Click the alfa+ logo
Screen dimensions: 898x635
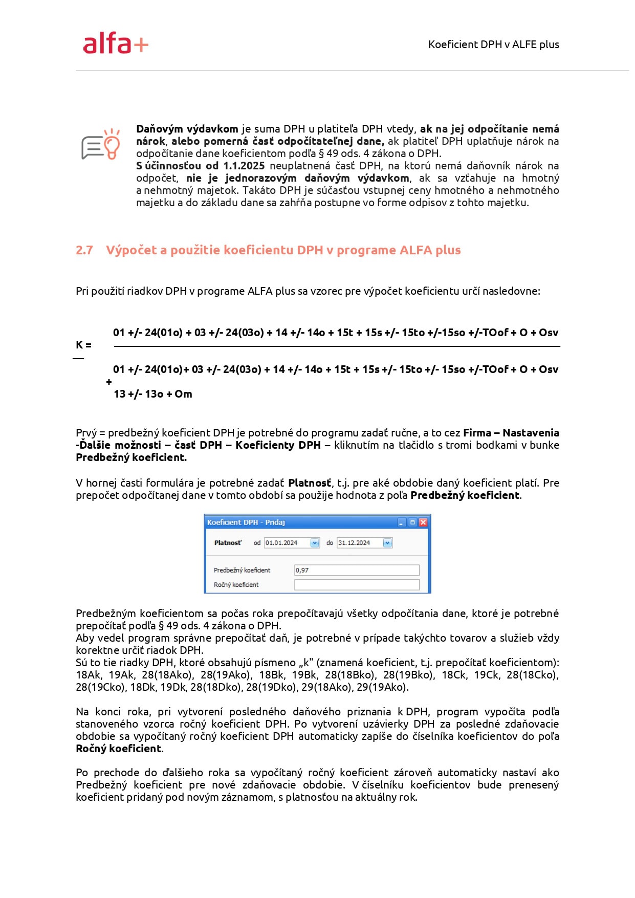tap(116, 43)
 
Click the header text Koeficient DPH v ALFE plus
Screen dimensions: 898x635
tap(493, 45)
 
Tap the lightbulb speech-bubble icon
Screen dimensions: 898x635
tap(101, 144)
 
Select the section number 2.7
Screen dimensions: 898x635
tap(84, 250)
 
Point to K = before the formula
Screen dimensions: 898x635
tap(83, 345)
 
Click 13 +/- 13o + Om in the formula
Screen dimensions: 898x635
tap(152, 394)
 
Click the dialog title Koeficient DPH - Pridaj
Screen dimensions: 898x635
tap(246, 522)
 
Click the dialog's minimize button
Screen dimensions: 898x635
tap(402, 522)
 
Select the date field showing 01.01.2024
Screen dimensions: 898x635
tap(287, 543)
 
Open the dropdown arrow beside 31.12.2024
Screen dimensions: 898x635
tap(387, 543)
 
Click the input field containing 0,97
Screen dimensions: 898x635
tap(356, 570)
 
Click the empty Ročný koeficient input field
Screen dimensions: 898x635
tap(356, 585)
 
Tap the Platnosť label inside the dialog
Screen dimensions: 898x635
tap(228, 543)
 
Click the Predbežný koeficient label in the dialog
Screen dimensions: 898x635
tap(242, 570)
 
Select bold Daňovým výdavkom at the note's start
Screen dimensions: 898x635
tap(187, 129)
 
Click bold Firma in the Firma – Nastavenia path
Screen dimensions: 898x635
tap(477, 433)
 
